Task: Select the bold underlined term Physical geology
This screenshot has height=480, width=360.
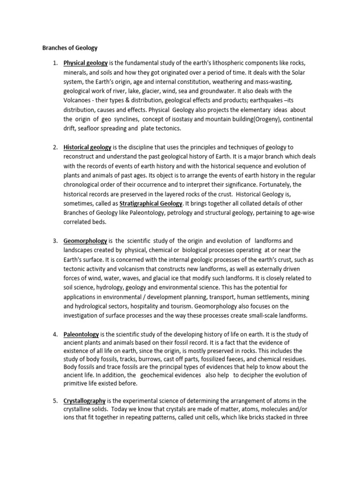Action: click(x=86, y=63)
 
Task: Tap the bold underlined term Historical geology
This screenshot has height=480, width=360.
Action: click(x=87, y=147)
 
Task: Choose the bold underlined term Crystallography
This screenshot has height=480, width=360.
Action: click(x=85, y=401)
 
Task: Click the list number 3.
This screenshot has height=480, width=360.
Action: click(x=54, y=241)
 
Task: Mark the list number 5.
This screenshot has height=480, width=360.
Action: click(x=54, y=401)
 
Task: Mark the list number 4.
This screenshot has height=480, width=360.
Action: click(x=54, y=335)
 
